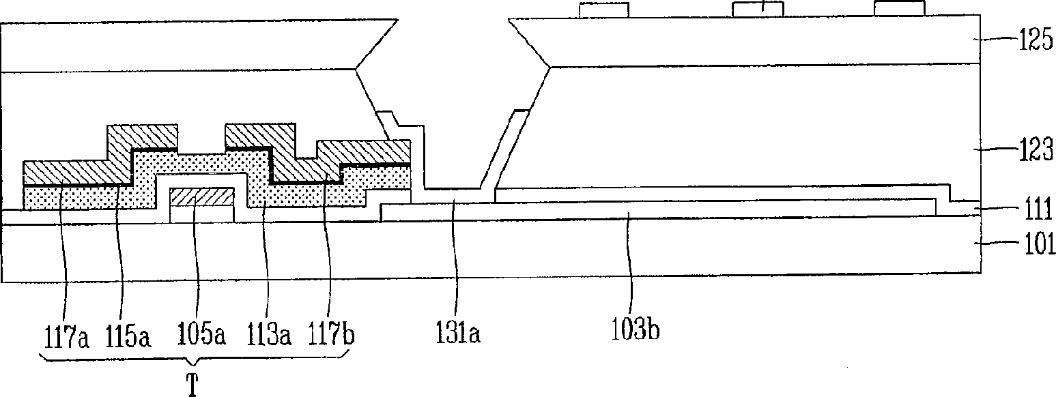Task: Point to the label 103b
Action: coord(638,332)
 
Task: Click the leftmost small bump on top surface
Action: coord(603,10)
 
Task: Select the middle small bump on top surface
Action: coord(757,9)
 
